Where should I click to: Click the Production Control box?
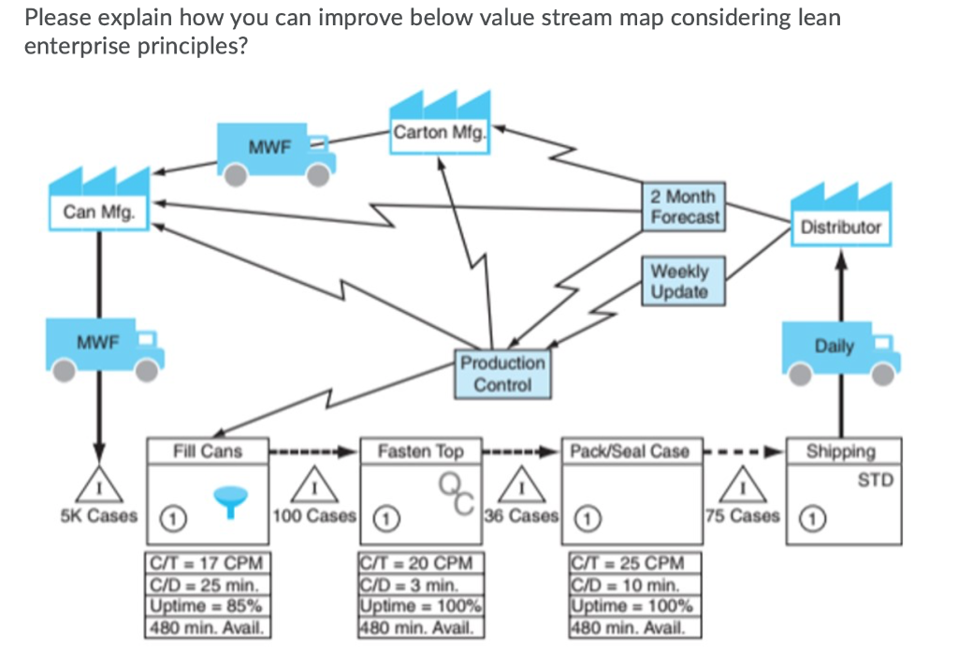coord(502,373)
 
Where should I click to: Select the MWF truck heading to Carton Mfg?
coord(276,153)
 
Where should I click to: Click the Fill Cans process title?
coord(208,451)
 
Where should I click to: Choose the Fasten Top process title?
coord(420,451)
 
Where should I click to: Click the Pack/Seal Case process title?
coord(630,451)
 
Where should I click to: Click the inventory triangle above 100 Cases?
coord(314,486)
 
